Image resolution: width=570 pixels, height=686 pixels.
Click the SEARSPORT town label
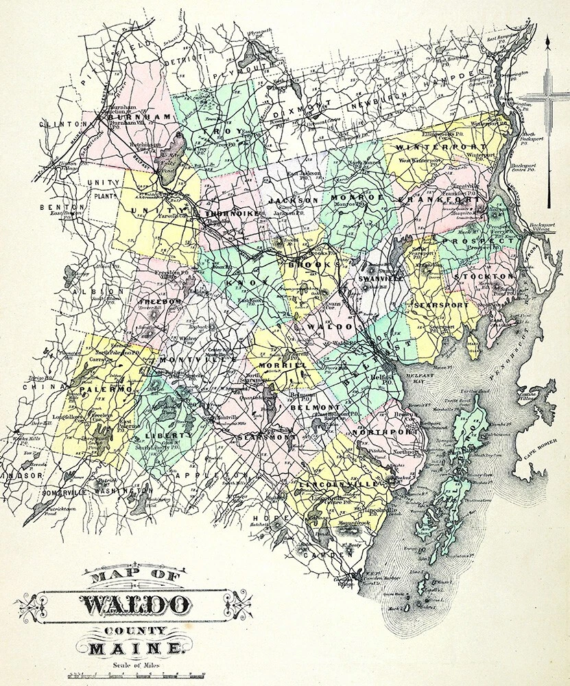tap(441, 305)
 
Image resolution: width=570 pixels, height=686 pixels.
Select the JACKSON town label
tap(293, 200)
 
